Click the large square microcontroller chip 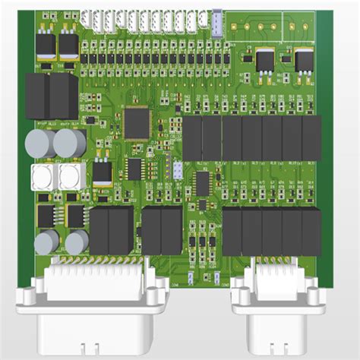coord(137,122)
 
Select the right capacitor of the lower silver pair coord(77,243)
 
